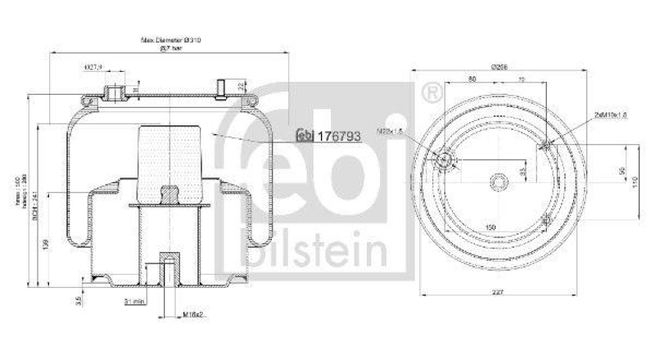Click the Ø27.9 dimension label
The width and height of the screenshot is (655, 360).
click(x=93, y=67)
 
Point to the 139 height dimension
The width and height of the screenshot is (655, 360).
click(x=46, y=242)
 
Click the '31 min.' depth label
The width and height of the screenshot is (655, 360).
click(x=134, y=302)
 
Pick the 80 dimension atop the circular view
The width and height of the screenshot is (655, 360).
click(x=472, y=80)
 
